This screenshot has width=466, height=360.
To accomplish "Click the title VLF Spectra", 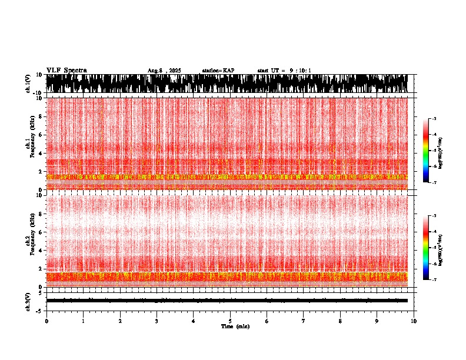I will [x=66, y=70].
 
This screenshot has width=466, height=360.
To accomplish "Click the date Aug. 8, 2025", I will [x=164, y=71].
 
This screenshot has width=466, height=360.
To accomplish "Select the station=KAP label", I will [x=218, y=71].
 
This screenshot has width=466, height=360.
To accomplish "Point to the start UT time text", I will [x=284, y=71].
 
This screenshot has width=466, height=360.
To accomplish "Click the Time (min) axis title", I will [x=235, y=326].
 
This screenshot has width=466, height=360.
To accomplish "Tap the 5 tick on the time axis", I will [x=230, y=321].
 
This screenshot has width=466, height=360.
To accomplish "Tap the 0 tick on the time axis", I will [x=46, y=321].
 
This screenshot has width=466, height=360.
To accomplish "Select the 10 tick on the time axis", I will [x=414, y=321].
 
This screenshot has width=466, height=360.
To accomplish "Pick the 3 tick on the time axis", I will [x=157, y=321].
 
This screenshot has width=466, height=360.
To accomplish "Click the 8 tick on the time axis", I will [x=341, y=321].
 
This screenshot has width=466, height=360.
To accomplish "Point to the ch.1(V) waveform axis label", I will [x=28, y=84].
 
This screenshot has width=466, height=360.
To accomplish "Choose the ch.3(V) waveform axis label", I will [x=28, y=301].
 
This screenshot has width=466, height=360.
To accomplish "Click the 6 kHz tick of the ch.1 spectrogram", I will [x=41, y=135].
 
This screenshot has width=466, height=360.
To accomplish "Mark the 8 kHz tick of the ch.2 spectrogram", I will [x=41, y=214].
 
